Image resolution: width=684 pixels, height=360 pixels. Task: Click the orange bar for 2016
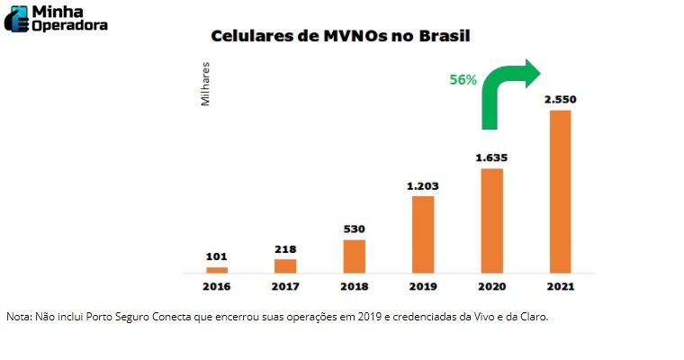(x=217, y=269)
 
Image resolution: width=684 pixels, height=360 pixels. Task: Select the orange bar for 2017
(x=285, y=265)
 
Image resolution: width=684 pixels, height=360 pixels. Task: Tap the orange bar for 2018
(x=355, y=256)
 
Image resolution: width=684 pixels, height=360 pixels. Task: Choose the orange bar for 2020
(x=491, y=220)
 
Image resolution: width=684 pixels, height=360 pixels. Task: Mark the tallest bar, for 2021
(x=560, y=191)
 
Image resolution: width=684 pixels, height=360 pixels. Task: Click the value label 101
(x=217, y=256)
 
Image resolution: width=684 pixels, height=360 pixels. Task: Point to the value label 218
(x=285, y=247)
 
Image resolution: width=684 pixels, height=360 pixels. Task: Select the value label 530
(x=355, y=229)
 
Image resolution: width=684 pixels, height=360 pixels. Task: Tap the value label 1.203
(x=423, y=185)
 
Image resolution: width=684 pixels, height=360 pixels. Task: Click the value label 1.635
(x=491, y=157)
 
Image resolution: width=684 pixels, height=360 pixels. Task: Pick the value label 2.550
(x=560, y=99)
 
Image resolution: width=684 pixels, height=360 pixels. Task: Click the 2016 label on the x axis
(x=217, y=286)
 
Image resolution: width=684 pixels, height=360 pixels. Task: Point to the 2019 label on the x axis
(x=423, y=286)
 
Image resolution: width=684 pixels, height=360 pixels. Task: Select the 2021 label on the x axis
(x=560, y=286)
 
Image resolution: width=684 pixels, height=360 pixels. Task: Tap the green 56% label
(x=463, y=79)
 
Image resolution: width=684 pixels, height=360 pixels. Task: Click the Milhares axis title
(x=206, y=85)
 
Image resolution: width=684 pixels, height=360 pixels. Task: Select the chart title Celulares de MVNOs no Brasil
(x=341, y=37)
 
